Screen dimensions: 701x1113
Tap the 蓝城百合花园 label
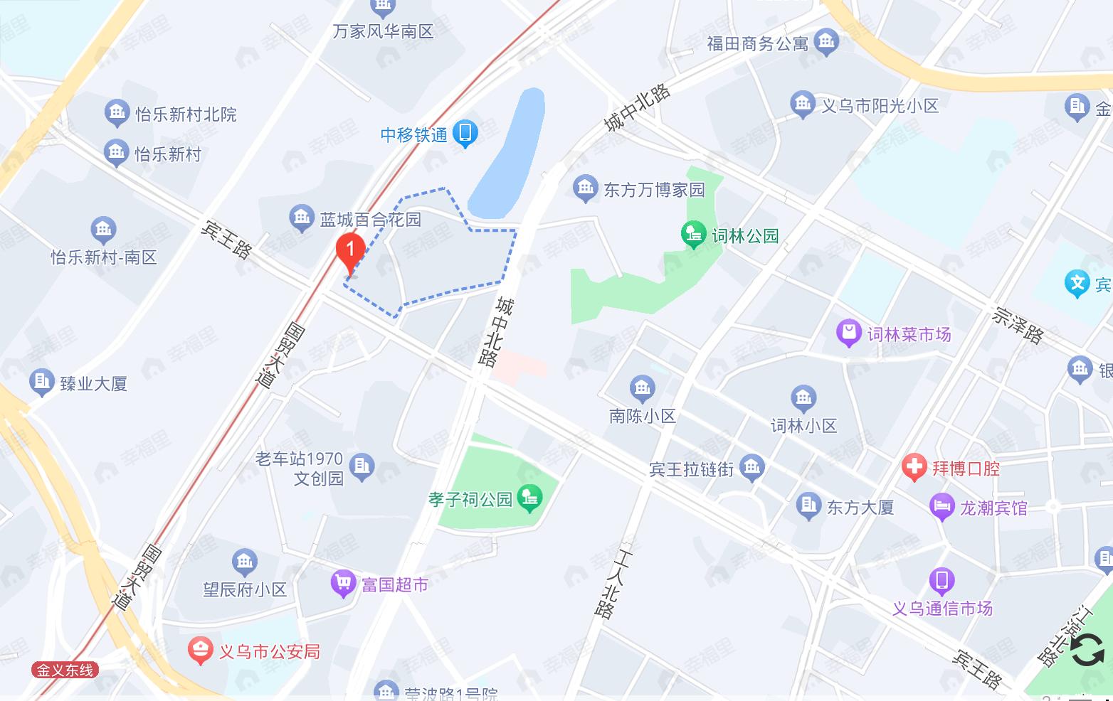coord(370,220)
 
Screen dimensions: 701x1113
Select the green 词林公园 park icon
coord(692,235)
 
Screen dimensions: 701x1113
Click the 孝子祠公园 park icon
coord(529,498)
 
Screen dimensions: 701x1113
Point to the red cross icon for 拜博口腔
coord(914,468)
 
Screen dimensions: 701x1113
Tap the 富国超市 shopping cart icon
coord(343,584)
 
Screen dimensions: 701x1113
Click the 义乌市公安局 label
coord(269,651)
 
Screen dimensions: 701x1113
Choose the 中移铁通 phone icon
coord(465,133)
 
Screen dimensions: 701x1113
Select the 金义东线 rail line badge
coord(65,670)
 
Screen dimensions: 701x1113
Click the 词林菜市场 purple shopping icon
coord(848,333)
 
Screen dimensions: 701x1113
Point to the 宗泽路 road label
coord(1018,325)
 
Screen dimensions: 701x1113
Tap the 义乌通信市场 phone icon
coord(941,581)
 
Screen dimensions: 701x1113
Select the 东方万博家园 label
coord(654,190)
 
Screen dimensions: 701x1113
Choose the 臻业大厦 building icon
coord(41,382)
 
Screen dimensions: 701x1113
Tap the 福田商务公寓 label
coord(757,44)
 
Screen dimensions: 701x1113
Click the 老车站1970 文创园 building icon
coord(362,467)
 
